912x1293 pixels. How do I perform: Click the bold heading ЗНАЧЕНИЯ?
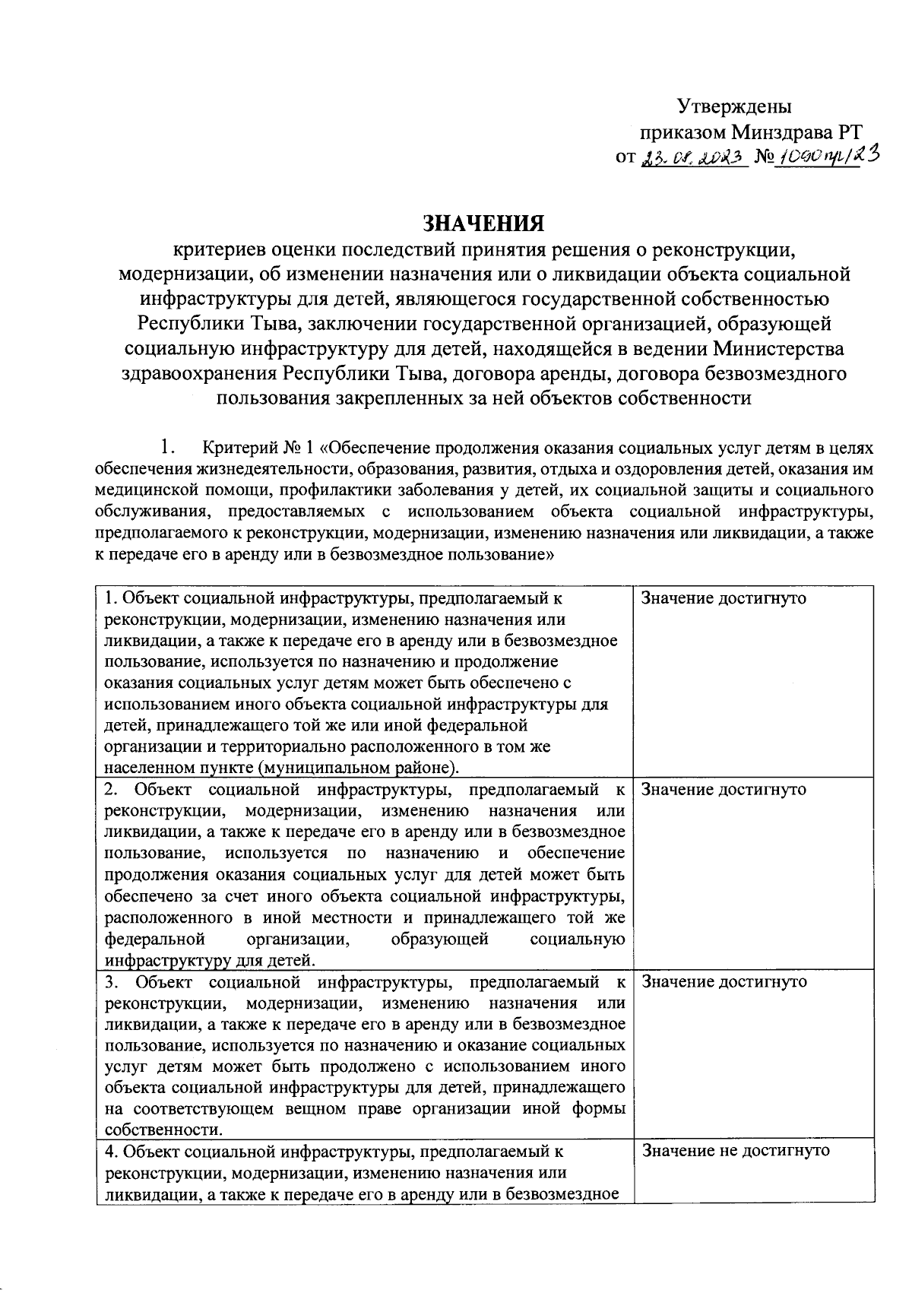(483, 223)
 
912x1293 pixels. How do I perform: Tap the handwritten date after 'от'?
(692, 157)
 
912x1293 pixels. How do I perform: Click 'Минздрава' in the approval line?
(781, 132)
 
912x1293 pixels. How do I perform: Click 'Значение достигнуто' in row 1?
(724, 597)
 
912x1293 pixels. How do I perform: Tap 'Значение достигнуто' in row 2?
(724, 789)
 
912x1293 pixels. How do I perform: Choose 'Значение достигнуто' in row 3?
(724, 981)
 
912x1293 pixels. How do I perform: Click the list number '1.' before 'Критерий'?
(167, 447)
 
